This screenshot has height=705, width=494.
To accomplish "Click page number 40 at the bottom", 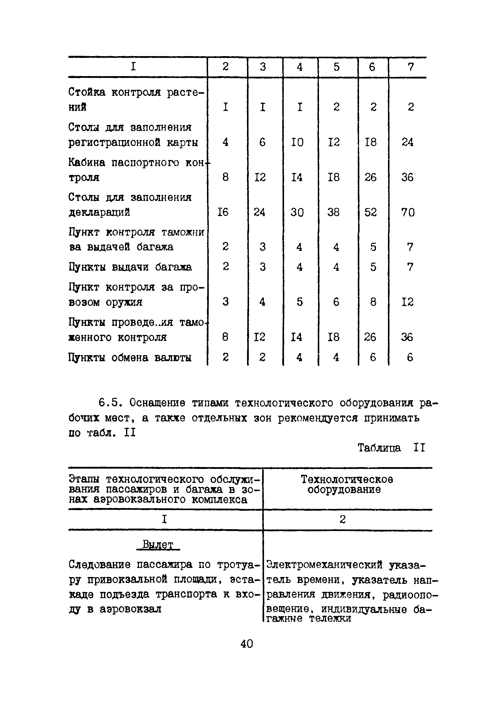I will coord(246,643).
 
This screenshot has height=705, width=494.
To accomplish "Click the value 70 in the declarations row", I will coord(408,213).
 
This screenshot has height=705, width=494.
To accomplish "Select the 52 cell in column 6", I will coord(370,213).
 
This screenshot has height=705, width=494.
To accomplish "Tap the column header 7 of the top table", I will coord(411,67).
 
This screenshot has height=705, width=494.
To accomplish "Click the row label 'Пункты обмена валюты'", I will coord(130,358).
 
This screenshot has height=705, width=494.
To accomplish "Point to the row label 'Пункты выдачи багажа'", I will coord(130,267).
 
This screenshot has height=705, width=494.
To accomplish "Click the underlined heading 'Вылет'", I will coord(158,545).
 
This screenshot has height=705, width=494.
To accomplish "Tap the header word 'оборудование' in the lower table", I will coord(344,490).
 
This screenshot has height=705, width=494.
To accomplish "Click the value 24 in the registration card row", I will coord(407,142).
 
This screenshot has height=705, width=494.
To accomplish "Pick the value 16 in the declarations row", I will coord(223,213).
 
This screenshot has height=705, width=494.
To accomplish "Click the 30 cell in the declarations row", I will coord(297,213).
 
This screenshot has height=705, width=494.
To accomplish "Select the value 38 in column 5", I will coord(333,213).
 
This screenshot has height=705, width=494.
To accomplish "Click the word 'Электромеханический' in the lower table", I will coord(324,565).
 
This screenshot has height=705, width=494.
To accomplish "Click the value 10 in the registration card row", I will coord(297,142).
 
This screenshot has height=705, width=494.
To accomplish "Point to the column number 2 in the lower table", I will coord(343,519).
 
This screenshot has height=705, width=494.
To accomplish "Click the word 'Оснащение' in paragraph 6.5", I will coord(157,403).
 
